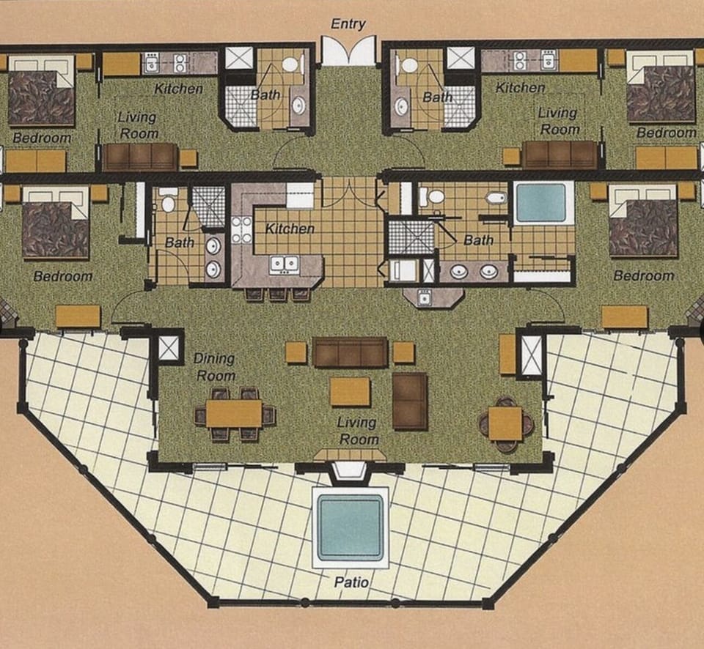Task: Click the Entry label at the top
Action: pyautogui.click(x=348, y=23)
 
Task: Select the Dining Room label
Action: pyautogui.click(x=214, y=367)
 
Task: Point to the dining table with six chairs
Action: pyautogui.click(x=234, y=414)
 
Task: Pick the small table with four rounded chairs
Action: pyautogui.click(x=505, y=423)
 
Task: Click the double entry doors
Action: pyautogui.click(x=348, y=51)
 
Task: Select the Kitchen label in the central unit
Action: pyautogui.click(x=290, y=229)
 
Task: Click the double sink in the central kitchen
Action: pyautogui.click(x=283, y=263)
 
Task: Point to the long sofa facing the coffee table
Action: pyautogui.click(x=350, y=352)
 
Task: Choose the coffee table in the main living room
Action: pyautogui.click(x=350, y=392)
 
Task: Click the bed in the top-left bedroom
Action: pyautogui.click(x=41, y=95)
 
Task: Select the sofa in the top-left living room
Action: pyautogui.click(x=139, y=157)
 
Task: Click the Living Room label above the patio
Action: pyautogui.click(x=357, y=431)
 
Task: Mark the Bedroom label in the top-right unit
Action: pyautogui.click(x=666, y=133)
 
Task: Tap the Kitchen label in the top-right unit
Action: pyautogui.click(x=521, y=88)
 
